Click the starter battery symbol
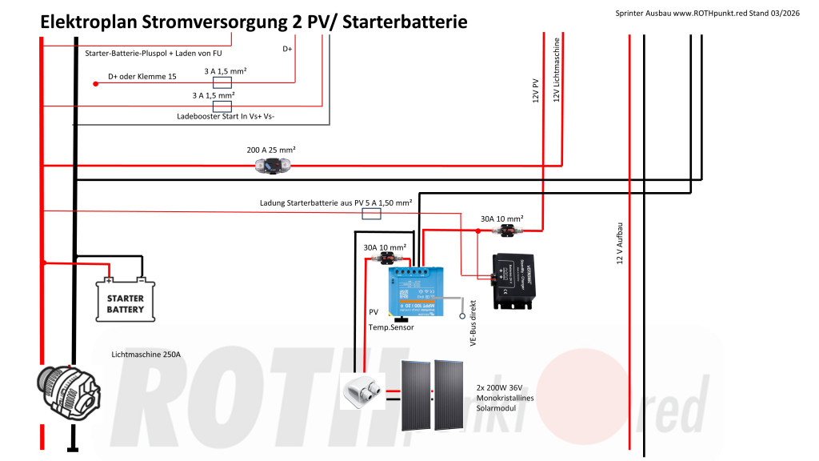125,299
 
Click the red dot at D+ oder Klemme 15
97,82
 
